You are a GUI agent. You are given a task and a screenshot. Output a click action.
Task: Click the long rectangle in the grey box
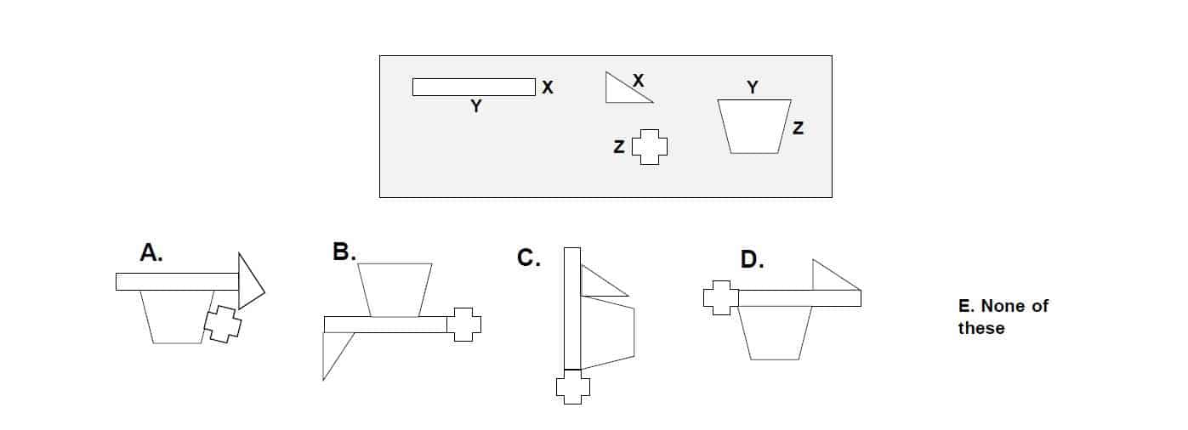[474, 87]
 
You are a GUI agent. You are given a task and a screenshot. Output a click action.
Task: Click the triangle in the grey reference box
[622, 91]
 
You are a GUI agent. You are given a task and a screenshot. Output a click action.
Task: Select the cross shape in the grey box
[650, 147]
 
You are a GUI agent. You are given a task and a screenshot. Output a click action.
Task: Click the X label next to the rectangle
[548, 88]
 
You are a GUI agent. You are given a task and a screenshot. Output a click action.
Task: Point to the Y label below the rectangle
[476, 107]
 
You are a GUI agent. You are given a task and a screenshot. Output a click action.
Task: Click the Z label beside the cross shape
[619, 147]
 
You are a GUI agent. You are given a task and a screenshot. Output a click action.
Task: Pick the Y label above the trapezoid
[753, 87]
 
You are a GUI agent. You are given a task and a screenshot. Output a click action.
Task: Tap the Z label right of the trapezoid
[797, 129]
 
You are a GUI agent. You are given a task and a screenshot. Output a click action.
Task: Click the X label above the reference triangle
[639, 81]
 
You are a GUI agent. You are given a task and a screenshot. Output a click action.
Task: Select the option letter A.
[151, 253]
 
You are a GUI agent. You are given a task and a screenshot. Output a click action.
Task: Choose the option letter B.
[344, 252]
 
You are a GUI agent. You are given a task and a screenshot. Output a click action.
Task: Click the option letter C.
[528, 257]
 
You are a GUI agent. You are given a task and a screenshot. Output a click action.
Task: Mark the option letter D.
[751, 260]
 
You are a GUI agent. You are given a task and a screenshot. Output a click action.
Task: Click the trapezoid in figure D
[775, 332]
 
